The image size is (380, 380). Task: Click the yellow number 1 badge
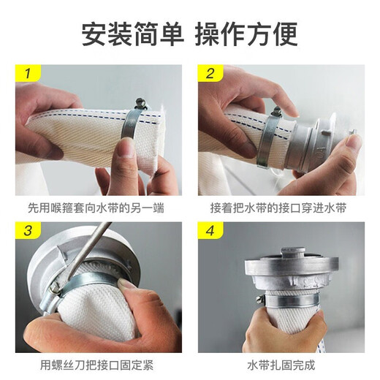pyautogui.click(x=28, y=72)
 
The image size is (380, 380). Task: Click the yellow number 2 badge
pyautogui.click(x=210, y=72)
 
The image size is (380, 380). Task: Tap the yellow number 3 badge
pyautogui.click(x=28, y=230)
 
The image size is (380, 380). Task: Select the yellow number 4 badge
pyautogui.click(x=210, y=230)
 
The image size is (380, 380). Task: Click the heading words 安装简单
pyautogui.click(x=133, y=34)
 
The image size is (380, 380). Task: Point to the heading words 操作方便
pyautogui.click(x=246, y=34)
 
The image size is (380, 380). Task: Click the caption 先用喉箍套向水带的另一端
pyautogui.click(x=96, y=208)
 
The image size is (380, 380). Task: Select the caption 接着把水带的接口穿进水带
pyautogui.click(x=278, y=208)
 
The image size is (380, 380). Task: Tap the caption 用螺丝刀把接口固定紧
pyautogui.click(x=96, y=365)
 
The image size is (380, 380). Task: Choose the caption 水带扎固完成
pyautogui.click(x=281, y=365)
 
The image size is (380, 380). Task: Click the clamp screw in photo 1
pyautogui.click(x=140, y=103)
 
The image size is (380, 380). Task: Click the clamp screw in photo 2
pyautogui.click(x=277, y=112)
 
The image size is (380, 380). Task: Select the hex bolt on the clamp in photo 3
pyautogui.click(x=55, y=288)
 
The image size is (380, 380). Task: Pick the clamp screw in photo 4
pyautogui.click(x=259, y=299)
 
